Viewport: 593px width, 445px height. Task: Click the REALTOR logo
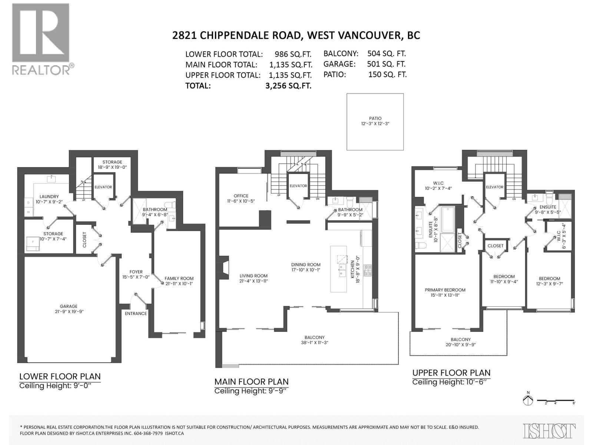coord(41,39)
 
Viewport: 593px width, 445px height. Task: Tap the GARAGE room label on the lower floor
coord(69,306)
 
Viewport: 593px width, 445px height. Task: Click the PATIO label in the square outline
coord(375,119)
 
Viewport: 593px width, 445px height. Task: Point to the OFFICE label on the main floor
coord(241,196)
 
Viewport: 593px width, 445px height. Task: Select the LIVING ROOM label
coord(254,276)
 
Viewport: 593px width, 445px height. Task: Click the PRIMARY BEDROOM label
coord(445,290)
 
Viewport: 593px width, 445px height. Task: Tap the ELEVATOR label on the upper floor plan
coord(494,187)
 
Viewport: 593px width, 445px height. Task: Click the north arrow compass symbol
coord(528,400)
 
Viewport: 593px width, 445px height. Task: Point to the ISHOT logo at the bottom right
coord(549,431)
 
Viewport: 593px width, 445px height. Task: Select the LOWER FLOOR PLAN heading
coord(60,376)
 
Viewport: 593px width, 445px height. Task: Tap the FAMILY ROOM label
coord(179,278)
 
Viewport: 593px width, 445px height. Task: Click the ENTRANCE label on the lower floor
coord(136,313)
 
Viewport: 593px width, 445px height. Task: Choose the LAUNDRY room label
coord(49,197)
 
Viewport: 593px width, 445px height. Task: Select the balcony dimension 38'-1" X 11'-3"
coord(315,343)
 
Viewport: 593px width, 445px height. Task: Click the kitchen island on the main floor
coord(339,269)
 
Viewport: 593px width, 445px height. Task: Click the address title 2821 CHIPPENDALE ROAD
coord(237,35)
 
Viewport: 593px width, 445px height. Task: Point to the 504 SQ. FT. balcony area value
coord(387,53)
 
